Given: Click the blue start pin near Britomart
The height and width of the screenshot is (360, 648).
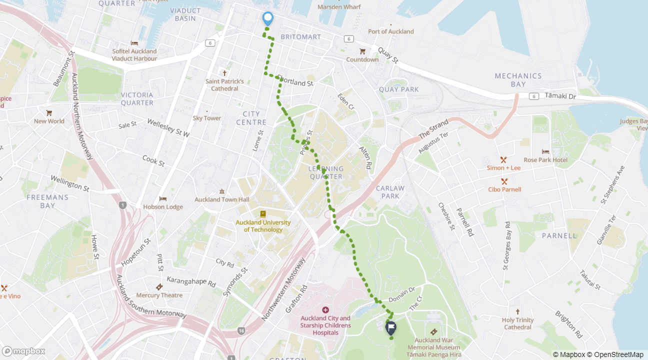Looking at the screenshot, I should [x=268, y=18].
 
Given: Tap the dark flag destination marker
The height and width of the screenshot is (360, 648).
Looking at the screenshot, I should [x=390, y=327].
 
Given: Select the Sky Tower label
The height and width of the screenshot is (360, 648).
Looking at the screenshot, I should [x=207, y=118].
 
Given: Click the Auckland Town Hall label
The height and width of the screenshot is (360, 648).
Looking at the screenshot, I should [x=221, y=199].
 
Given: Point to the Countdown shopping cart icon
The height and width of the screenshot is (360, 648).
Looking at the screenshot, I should [x=362, y=51].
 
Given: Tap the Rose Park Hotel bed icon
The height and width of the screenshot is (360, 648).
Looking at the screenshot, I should [x=545, y=151].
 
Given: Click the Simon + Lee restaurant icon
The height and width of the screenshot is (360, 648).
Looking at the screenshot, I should [x=503, y=159].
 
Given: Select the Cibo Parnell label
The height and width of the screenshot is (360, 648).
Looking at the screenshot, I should [x=504, y=189].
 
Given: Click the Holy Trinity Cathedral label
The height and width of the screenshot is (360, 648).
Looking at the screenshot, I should [x=517, y=323].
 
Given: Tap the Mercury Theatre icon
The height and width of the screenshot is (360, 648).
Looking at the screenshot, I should [x=159, y=287].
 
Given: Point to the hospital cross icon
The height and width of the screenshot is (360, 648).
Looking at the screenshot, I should [x=325, y=310].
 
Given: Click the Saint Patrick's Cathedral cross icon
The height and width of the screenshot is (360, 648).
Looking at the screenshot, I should [x=224, y=73].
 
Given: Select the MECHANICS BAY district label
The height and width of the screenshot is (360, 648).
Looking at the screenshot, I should [x=518, y=80].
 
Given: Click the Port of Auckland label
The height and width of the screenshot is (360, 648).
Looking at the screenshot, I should [x=390, y=31].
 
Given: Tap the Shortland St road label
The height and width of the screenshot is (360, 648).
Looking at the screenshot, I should [x=296, y=82].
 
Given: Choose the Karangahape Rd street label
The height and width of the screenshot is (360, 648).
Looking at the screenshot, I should [x=190, y=282].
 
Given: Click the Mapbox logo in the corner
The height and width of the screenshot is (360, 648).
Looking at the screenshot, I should [x=23, y=351].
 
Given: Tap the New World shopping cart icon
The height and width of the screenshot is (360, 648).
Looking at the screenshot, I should [x=49, y=113].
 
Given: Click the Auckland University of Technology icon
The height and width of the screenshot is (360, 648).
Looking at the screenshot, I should [x=263, y=214].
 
